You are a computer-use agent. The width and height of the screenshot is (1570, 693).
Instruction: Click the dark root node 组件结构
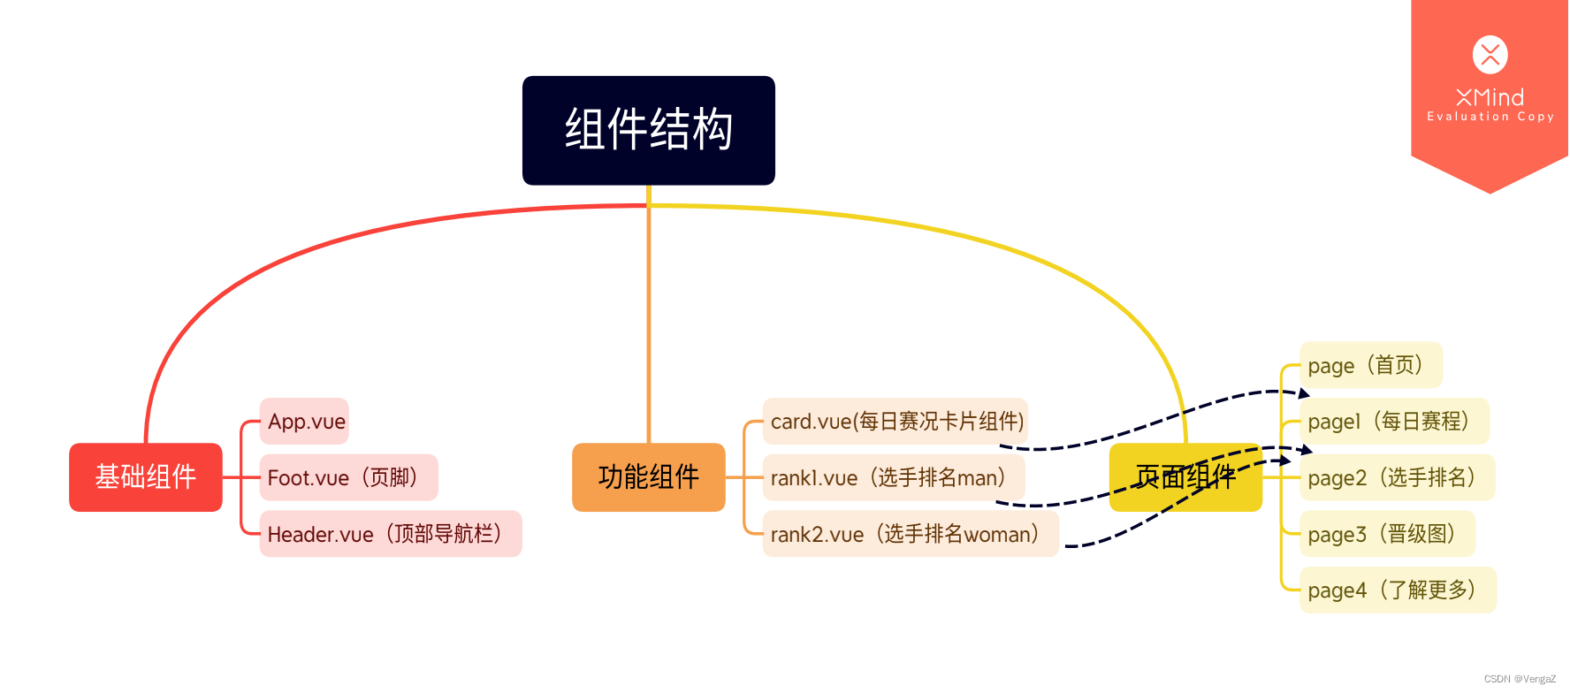pos(648,130)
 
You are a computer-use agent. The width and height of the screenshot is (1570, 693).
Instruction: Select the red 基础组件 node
pos(146,477)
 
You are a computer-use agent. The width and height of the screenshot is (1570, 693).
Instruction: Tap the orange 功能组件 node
pos(648,477)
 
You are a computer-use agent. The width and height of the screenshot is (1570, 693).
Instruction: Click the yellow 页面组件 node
pos(1185,477)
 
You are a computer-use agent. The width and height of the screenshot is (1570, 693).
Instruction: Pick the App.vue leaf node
pos(305,422)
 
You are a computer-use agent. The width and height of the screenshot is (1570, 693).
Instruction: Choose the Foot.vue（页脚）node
pos(348,477)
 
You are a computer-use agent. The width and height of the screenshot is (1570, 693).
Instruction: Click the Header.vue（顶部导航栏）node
pos(390,534)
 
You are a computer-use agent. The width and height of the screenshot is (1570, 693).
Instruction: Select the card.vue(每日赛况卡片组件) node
pos(896,422)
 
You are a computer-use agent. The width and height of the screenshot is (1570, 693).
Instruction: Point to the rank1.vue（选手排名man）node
pos(893,477)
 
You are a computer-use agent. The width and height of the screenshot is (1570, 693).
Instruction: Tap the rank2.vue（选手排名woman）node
pos(910,534)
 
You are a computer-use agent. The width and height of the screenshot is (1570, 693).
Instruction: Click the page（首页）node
pos(1370,365)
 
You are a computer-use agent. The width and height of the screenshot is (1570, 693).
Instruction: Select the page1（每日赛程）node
pos(1394,422)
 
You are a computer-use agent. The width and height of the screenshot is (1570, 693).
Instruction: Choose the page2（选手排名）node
pos(1397,477)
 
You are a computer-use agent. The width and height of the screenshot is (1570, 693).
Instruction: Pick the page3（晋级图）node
pos(1386,534)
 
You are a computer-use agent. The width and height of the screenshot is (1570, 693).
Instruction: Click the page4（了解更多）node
pos(1397,590)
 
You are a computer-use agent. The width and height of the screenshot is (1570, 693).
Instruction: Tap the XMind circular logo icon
pos(1490,55)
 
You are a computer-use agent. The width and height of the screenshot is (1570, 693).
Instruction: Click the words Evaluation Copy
pos(1490,117)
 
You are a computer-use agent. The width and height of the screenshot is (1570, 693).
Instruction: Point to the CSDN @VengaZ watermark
pos(1519,679)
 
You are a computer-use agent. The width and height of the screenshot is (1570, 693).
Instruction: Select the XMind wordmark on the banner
pos(1490,96)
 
